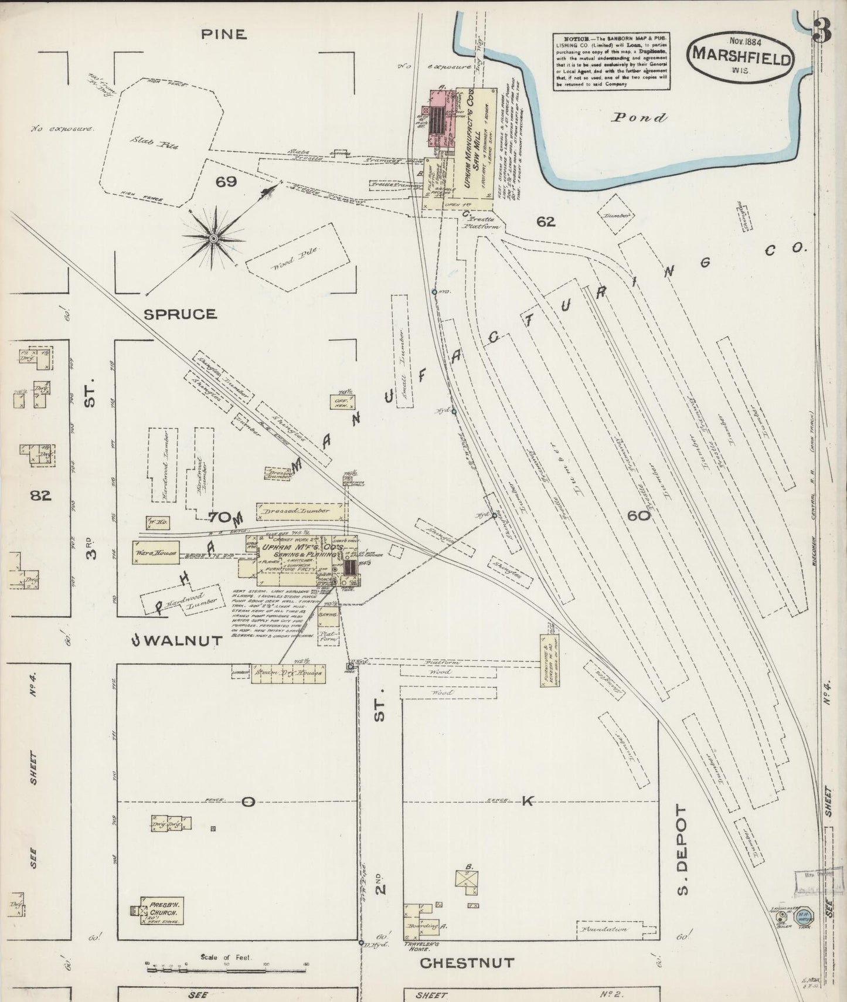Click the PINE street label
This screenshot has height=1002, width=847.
point(223,34)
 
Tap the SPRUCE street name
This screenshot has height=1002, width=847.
point(180,314)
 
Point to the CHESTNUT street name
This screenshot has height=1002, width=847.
point(467,963)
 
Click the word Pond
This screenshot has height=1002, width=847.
point(639,118)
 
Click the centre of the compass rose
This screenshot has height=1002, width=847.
point(213,238)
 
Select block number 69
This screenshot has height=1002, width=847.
point(226,182)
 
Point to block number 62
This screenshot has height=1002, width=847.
point(545,222)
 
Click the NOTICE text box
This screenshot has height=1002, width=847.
point(612,61)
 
